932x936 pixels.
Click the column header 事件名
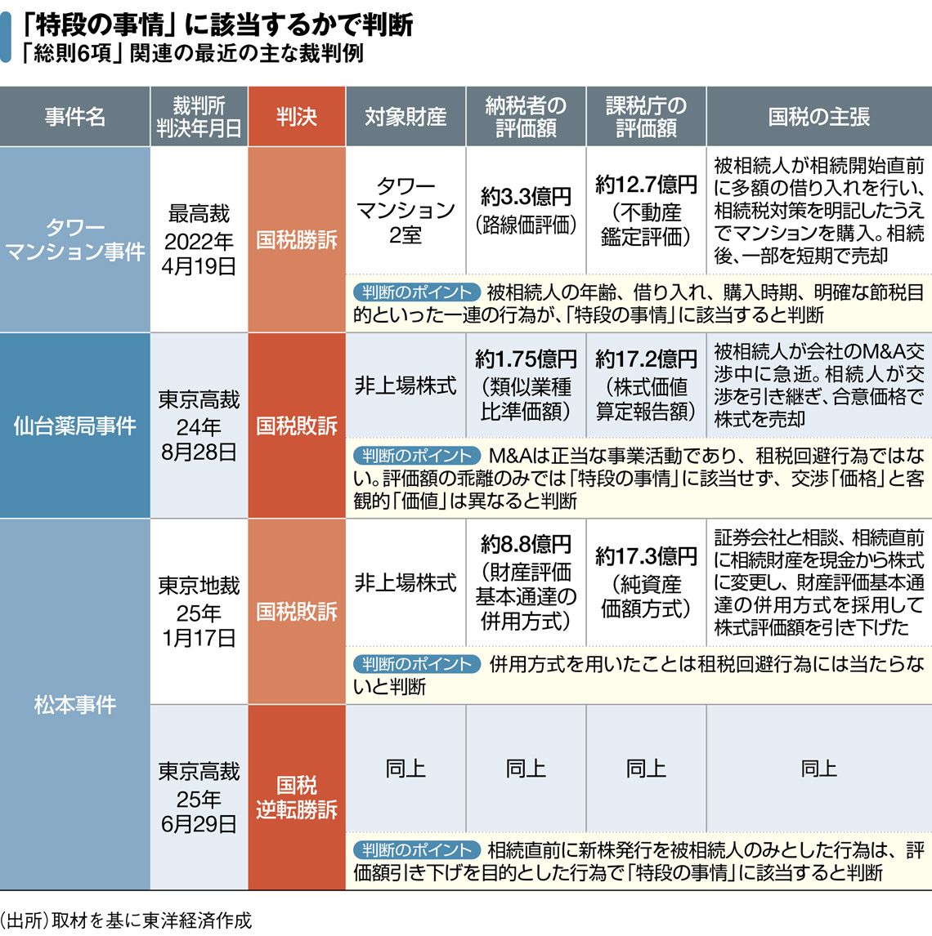point(74,117)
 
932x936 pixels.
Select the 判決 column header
point(296,117)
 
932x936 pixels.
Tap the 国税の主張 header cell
point(818,117)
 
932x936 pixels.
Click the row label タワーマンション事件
point(74,238)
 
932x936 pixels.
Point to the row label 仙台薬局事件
point(74,426)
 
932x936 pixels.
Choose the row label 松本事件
point(74,704)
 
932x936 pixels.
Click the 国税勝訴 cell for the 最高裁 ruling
point(296,239)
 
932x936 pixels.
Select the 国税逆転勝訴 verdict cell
point(296,797)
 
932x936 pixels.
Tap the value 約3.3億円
point(526,197)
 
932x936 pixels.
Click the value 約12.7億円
point(646,185)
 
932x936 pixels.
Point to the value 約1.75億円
point(526,359)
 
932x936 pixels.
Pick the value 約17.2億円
point(646,359)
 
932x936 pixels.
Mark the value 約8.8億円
point(526,544)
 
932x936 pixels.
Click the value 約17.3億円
point(646,556)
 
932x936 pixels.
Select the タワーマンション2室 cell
point(406,210)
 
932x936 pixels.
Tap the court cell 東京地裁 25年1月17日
point(199,611)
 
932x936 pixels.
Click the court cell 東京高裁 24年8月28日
point(199,426)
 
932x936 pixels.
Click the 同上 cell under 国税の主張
point(818,768)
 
